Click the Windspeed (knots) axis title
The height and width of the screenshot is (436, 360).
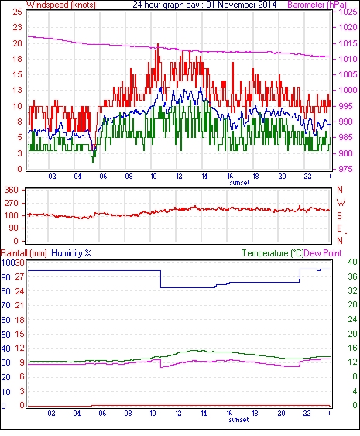coord(61,5)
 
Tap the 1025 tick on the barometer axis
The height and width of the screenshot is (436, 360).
coord(348,12)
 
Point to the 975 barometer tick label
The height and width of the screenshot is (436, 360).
coord(346,169)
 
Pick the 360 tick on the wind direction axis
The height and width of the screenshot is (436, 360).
coord(12,191)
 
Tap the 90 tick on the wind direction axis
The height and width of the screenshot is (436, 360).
coord(14,228)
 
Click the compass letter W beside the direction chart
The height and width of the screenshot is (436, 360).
coord(341,202)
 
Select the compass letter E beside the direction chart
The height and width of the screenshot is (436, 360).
coord(339,228)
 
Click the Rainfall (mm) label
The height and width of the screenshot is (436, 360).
coord(24,253)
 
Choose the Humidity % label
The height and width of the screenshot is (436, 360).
coord(71,253)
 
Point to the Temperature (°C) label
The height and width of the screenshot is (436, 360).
coord(273,253)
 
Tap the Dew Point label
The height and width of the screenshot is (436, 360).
coord(323,253)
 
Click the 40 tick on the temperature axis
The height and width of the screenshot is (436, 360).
coord(352,262)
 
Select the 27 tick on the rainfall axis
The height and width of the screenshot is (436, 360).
coord(20,277)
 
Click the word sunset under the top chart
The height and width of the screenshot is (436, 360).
coord(239,183)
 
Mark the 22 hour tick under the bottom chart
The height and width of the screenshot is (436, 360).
coord(307,414)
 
